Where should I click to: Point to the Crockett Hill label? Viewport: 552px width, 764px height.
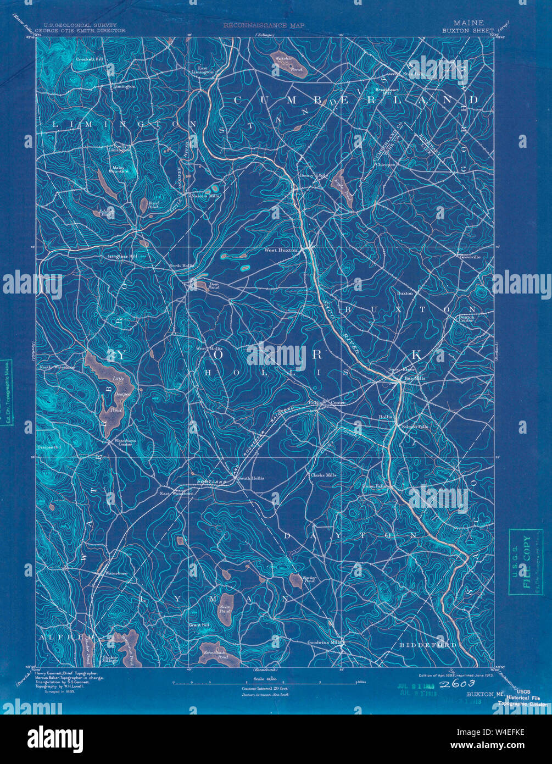[x=90, y=59]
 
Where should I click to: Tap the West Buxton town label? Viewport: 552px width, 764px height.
[x=281, y=251]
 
